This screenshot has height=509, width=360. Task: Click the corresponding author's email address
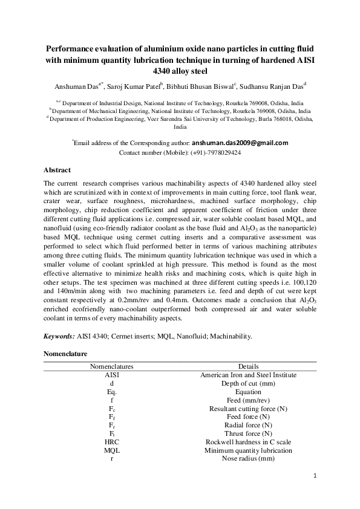(240, 143)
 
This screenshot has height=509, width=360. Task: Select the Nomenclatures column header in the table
(111, 366)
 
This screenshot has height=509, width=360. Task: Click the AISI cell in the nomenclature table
(111, 375)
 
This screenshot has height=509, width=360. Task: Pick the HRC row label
(111, 443)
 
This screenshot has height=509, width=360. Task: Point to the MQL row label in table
(111, 451)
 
